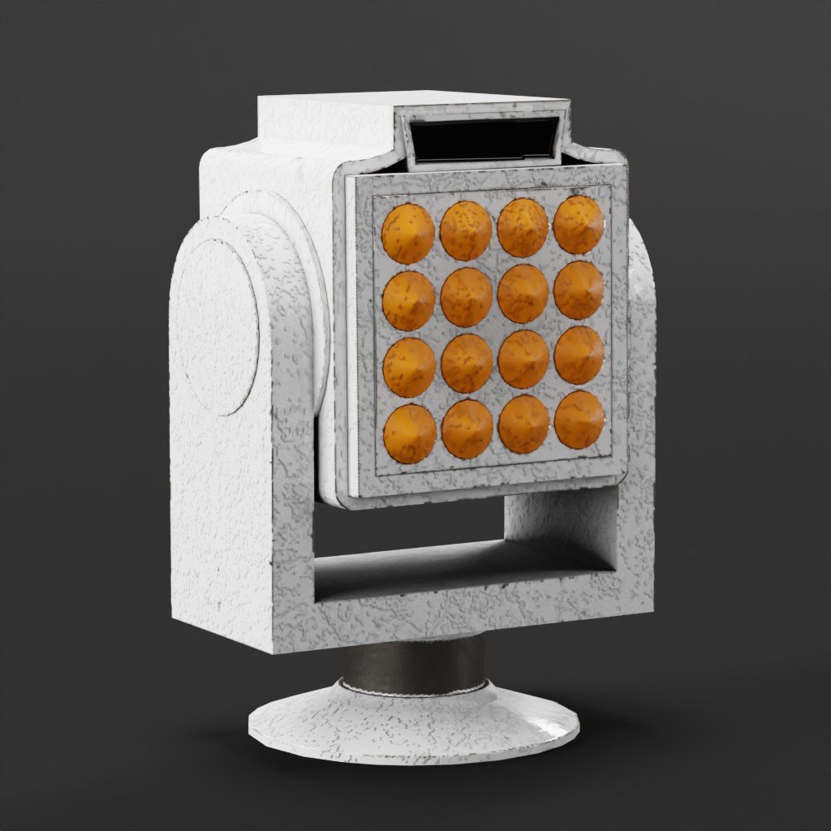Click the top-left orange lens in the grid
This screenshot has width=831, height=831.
407,234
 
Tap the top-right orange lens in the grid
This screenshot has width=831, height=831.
579,224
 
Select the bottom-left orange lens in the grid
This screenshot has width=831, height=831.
410,433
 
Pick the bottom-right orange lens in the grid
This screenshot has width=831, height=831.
579,420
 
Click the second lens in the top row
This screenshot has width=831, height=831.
466,230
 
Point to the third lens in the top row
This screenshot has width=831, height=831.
523,227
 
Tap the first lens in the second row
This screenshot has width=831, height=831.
408,300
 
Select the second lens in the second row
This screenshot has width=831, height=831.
466,297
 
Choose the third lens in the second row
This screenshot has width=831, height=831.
523,293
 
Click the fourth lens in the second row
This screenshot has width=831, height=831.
579,290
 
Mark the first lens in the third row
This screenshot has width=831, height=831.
409,367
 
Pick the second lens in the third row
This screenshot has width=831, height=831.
467,364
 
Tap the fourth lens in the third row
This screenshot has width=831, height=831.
579,355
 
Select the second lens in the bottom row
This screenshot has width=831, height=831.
467,429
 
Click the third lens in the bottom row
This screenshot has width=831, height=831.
523,424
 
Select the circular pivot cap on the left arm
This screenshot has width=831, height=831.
216,325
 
